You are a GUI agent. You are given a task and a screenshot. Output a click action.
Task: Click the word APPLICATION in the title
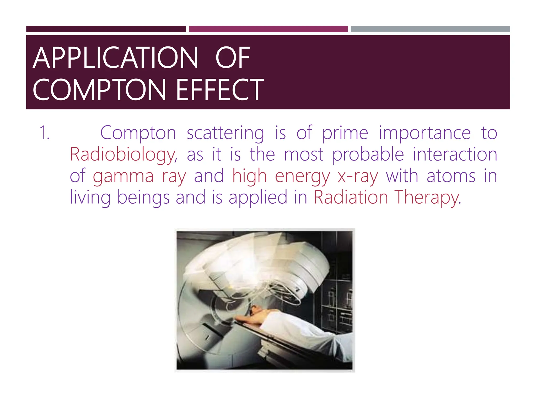[115, 58]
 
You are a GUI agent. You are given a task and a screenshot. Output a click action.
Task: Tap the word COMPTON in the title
[99, 90]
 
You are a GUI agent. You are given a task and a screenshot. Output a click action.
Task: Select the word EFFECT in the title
[220, 90]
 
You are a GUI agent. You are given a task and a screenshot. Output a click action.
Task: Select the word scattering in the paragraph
[225, 133]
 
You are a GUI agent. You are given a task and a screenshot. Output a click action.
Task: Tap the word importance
[425, 133]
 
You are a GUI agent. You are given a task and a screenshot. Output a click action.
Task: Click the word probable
[368, 155]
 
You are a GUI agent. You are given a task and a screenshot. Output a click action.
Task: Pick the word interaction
[455, 155]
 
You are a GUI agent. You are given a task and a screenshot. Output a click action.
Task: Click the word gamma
[123, 176]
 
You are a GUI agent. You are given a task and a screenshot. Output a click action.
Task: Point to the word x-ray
[358, 176]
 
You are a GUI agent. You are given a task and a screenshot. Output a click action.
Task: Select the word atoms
[451, 176]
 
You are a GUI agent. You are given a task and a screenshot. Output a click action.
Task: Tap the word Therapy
[427, 198]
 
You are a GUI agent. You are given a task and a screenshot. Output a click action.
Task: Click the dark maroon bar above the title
[106, 29]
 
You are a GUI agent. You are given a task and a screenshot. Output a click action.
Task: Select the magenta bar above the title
[268, 29]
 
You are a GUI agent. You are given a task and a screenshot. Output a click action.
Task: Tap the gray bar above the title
[430, 29]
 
